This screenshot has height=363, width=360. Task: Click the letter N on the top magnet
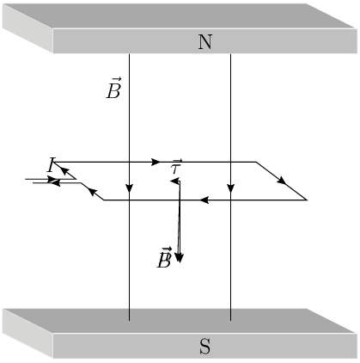click(x=205, y=42)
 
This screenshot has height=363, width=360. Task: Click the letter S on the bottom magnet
click(x=205, y=347)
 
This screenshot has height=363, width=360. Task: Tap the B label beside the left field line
click(x=113, y=89)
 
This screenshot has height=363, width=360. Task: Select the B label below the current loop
click(x=164, y=257)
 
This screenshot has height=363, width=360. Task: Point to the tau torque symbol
click(x=176, y=167)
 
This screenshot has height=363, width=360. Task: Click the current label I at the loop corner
click(x=51, y=164)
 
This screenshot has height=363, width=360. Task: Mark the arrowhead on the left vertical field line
click(x=129, y=188)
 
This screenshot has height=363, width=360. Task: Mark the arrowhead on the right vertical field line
click(x=230, y=188)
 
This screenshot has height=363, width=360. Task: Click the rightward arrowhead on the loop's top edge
click(x=156, y=162)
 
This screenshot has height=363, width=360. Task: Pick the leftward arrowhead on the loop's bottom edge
click(x=204, y=200)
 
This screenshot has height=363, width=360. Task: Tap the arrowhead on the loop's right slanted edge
click(x=282, y=181)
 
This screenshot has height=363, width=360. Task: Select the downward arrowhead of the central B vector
click(x=179, y=258)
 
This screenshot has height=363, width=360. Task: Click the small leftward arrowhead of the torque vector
click(x=174, y=181)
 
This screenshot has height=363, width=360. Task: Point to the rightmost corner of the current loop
click(x=307, y=200)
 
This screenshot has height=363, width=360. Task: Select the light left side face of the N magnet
click(x=27, y=28)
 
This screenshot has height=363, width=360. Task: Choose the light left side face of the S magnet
click(x=27, y=334)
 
